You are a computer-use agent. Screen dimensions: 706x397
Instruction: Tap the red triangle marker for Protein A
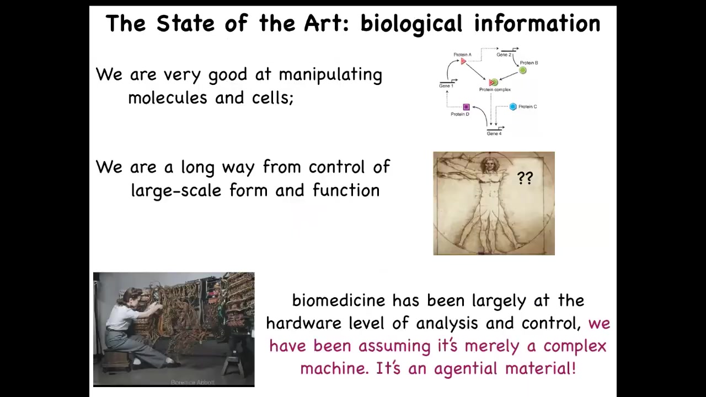click(463, 61)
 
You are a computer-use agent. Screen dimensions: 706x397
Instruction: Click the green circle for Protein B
click(522, 70)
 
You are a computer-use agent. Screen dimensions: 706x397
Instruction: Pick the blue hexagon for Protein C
click(513, 107)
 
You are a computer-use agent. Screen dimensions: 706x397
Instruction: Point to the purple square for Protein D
click(466, 107)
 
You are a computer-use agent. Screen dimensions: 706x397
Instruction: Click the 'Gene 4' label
click(494, 133)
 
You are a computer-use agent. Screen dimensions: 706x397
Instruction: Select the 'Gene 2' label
click(504, 55)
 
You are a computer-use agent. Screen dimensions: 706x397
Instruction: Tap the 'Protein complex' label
click(495, 90)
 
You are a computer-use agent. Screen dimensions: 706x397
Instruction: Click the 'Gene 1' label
click(446, 85)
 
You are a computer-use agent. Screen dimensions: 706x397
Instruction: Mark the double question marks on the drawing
click(525, 178)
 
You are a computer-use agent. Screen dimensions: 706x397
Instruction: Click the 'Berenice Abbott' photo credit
click(192, 382)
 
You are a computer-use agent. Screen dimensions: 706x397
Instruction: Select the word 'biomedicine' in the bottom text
click(339, 300)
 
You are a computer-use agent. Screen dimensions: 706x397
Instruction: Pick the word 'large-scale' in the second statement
click(176, 191)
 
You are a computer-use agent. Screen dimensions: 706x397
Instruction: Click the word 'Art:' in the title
click(327, 23)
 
